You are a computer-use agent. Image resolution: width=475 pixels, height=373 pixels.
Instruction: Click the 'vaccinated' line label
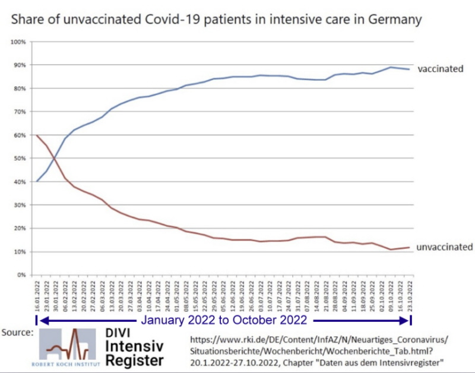pyautogui.click(x=440, y=69)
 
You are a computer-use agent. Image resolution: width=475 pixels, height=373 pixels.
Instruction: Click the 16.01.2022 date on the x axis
pyautogui.click(x=37, y=297)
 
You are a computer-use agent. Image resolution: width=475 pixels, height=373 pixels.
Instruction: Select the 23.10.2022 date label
pyautogui.click(x=408, y=297)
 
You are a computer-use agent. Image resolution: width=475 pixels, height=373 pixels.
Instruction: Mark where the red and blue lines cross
pyautogui.click(x=55, y=158)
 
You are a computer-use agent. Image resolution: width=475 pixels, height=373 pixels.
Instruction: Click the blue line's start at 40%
pyautogui.click(x=37, y=181)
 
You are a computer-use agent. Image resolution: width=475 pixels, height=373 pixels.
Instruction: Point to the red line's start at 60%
pyautogui.click(x=37, y=135)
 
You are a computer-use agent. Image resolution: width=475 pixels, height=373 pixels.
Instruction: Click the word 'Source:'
pyautogui.click(x=18, y=331)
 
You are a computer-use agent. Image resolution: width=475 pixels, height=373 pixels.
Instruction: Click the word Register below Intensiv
pyautogui.click(x=135, y=359)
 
